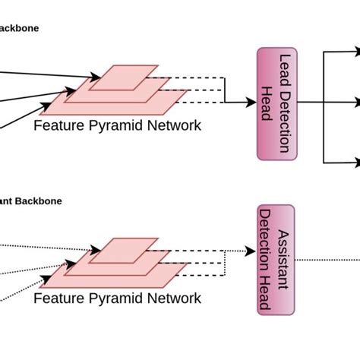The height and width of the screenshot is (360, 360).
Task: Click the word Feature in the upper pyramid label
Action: point(58,125)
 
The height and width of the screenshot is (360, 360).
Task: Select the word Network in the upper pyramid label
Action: point(173,125)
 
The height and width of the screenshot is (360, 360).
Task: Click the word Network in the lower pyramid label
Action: point(173,298)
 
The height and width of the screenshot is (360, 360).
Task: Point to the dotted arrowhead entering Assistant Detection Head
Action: point(251,251)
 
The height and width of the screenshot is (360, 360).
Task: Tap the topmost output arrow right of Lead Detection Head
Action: point(342,52)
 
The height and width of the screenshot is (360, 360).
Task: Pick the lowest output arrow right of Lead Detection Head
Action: point(342,162)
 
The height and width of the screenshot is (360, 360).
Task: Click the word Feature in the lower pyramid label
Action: point(58,298)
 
